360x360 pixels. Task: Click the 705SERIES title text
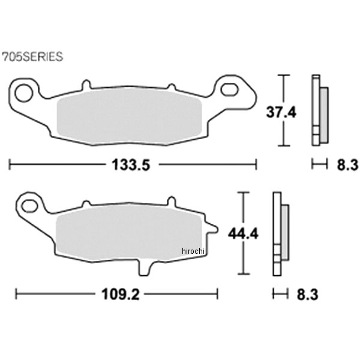tap(32, 56)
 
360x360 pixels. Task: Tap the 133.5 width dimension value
tap(131, 165)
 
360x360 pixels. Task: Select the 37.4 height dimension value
tap(281, 113)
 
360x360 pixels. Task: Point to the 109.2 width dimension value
tap(121, 294)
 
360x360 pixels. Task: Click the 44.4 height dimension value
tap(243, 233)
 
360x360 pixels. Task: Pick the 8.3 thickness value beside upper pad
tap(347, 165)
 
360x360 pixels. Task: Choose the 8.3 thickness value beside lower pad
tap(307, 295)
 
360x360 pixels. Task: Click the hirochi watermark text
tap(193, 251)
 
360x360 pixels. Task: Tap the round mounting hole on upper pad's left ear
tap(24, 93)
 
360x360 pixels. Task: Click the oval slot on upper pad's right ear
tap(229, 89)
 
